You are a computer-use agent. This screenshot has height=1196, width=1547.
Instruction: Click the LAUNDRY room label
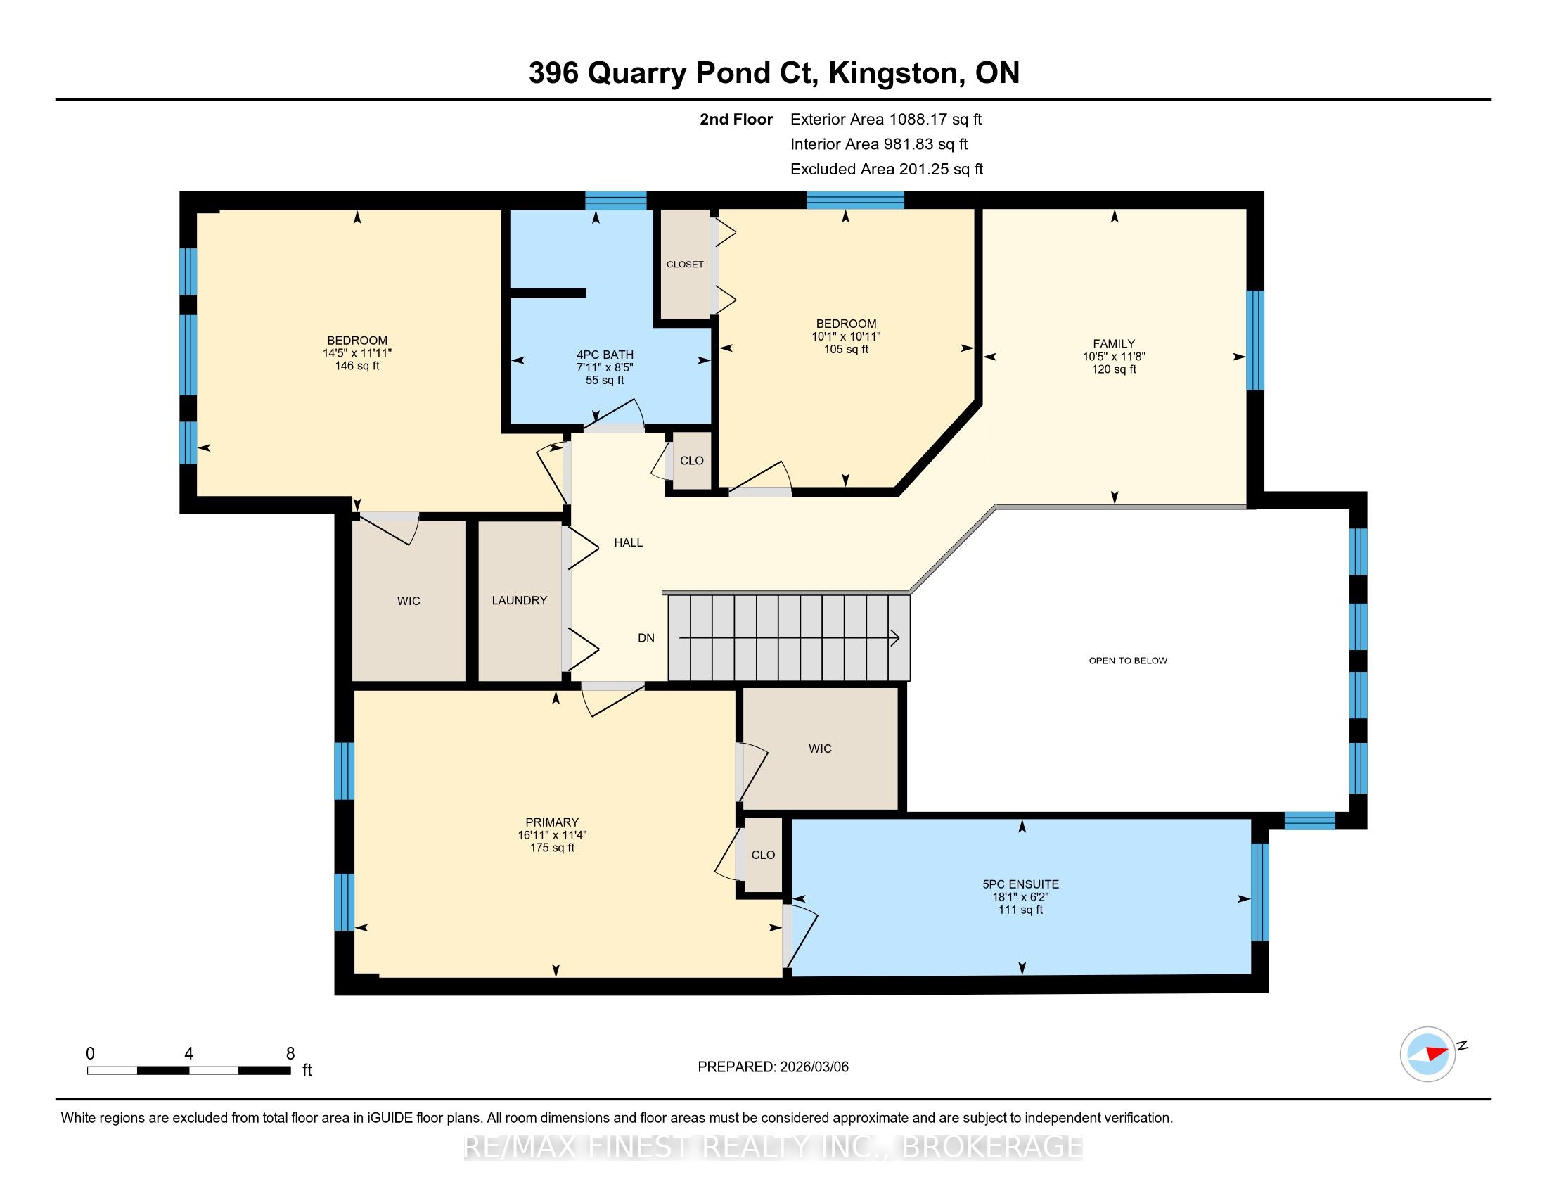[x=519, y=600]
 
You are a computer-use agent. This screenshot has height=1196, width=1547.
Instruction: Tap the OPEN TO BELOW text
[x=1128, y=661]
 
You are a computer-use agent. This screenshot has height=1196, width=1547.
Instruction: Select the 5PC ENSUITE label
[x=1021, y=884]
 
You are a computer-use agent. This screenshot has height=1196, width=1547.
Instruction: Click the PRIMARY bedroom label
[x=552, y=822]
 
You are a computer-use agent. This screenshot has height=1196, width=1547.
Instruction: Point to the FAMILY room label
[x=1114, y=343]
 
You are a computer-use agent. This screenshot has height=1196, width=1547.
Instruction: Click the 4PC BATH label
[x=605, y=355]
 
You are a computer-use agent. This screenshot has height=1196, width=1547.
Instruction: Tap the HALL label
[x=628, y=542]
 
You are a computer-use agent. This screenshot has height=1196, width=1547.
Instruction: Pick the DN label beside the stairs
[x=646, y=637]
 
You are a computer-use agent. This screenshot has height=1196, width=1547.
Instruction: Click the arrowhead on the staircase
[x=895, y=638]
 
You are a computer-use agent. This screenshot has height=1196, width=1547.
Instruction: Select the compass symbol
[x=1427, y=1054]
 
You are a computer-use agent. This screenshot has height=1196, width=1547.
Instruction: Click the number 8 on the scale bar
[x=290, y=1054]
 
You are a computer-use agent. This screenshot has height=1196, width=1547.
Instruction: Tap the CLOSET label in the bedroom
[x=685, y=265]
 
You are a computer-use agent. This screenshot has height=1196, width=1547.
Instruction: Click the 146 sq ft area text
[x=357, y=366]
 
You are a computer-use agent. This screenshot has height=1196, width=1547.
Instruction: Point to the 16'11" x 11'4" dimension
[x=552, y=835]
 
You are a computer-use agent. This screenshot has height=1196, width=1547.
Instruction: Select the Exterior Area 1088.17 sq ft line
[x=886, y=119]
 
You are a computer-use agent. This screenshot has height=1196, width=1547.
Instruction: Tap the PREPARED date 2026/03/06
[x=813, y=1067]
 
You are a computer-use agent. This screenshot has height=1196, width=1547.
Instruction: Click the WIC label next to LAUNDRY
[x=409, y=601]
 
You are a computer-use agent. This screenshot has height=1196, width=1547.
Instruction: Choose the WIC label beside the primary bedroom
[x=820, y=749]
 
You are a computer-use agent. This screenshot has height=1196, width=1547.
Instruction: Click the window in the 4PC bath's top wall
[x=615, y=201]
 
